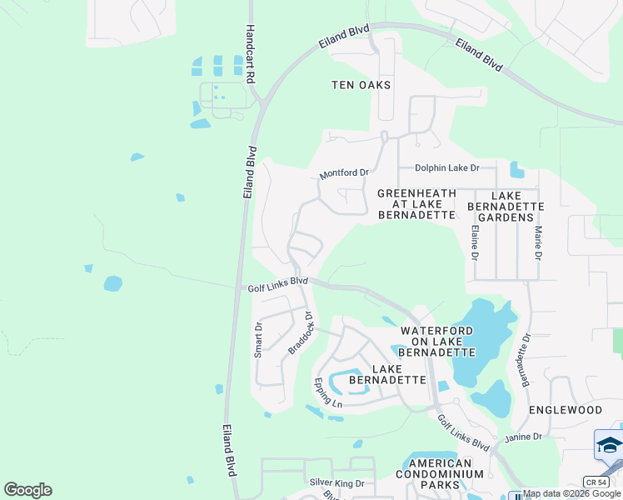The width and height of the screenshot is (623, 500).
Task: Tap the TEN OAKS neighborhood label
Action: click(361, 85)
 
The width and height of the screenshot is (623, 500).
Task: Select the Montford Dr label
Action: click(344, 173)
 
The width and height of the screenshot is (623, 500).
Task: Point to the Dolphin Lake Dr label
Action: click(447, 168)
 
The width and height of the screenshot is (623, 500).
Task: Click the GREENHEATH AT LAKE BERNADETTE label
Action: click(416, 204)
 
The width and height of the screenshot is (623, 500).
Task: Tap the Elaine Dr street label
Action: click(474, 242)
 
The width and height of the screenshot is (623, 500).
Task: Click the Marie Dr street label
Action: click(539, 242)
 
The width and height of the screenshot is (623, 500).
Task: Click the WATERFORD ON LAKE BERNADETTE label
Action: click(436, 342)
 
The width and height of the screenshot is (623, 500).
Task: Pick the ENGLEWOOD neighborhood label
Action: click(566, 411)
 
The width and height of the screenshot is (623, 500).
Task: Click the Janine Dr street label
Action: click(523, 437)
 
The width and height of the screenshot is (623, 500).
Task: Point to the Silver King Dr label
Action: click(337, 483)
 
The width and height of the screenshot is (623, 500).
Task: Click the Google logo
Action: click(27, 490)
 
